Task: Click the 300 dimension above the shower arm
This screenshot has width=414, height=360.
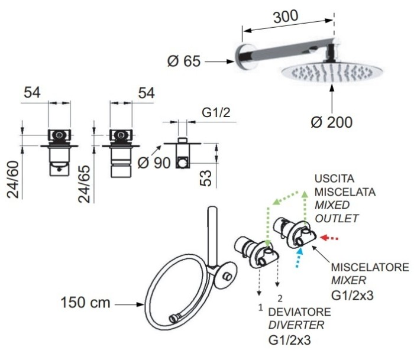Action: coord(286,18)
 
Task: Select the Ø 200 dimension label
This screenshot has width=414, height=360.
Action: coord(332,122)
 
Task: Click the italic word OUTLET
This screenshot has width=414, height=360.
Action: coord(337,218)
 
